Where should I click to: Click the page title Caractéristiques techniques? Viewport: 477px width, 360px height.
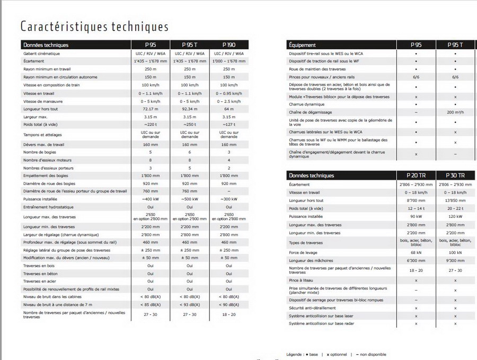coord(94,27)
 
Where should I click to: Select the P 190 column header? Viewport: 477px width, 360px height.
coord(229,45)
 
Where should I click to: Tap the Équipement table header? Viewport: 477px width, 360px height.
coord(303,45)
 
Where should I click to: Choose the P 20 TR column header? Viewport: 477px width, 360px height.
coord(416,175)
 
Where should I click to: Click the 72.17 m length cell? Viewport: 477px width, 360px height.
coord(151,109)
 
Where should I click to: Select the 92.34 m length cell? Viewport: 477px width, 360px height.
coord(190,109)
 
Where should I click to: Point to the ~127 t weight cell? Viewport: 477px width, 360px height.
coord(229,124)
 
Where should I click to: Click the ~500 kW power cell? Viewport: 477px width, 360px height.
coord(190,199)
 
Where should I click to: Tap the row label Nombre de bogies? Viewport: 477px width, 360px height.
coord(40,152)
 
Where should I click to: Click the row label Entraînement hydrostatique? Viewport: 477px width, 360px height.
coord(48,207)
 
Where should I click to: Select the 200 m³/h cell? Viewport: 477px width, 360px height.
coord(455,112)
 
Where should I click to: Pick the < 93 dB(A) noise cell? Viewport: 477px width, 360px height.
coord(190,304)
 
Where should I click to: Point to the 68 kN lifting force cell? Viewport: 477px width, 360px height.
coord(416,252)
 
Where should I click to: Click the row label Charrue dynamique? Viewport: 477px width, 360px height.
coord(307,104)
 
